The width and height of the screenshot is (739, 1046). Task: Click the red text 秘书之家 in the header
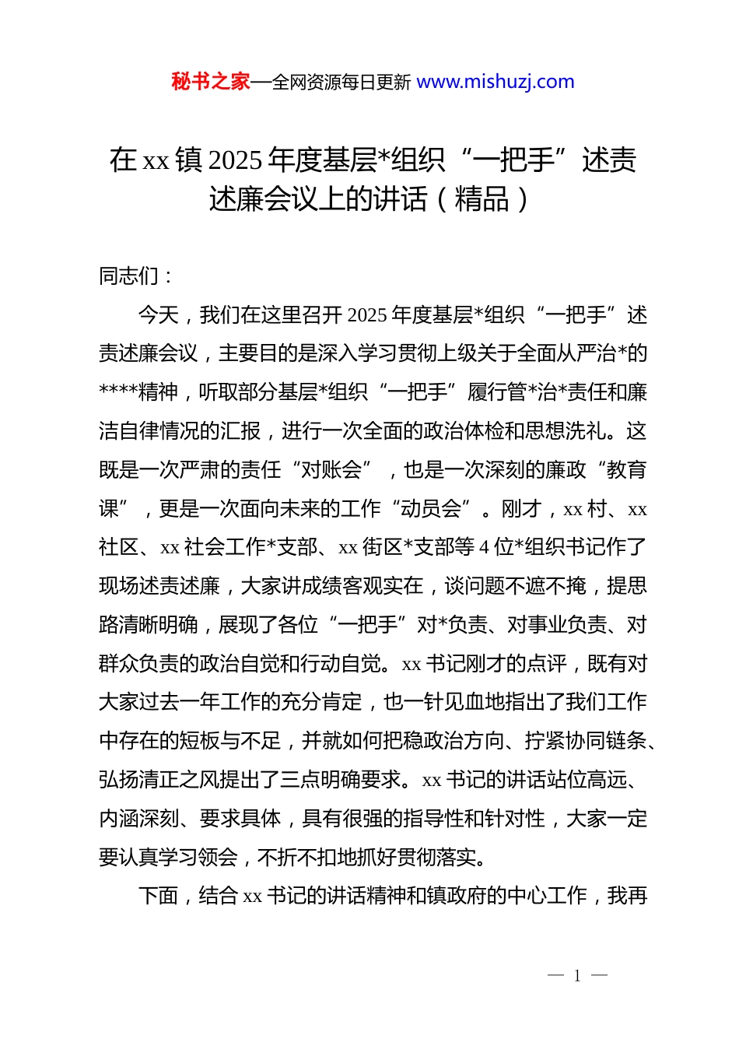(211, 82)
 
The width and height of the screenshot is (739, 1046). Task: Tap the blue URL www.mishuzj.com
(496, 82)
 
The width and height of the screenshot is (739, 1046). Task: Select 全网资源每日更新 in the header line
(341, 82)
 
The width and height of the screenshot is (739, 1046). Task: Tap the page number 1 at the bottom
(577, 976)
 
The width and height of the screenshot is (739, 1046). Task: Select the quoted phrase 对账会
(331, 470)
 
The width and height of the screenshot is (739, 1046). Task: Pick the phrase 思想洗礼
(575, 431)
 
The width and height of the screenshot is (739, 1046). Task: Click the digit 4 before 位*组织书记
(484, 548)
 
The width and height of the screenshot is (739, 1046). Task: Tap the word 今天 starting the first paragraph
(159, 315)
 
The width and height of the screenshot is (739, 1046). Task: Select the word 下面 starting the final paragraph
(159, 897)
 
